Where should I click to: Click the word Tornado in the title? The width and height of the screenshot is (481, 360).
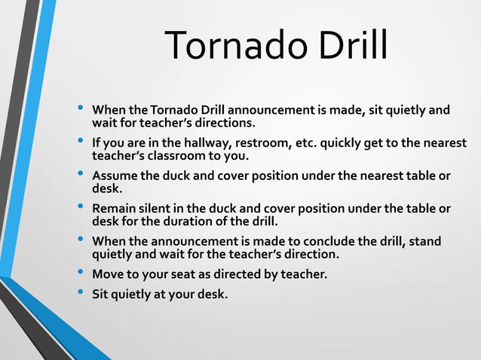231,46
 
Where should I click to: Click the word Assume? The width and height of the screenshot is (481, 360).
113,176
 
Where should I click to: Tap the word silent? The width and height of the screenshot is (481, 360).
155,209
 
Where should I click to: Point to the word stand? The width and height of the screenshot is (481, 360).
424,241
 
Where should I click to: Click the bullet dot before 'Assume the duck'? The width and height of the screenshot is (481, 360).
81,174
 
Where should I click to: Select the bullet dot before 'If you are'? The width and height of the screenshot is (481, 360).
81,141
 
